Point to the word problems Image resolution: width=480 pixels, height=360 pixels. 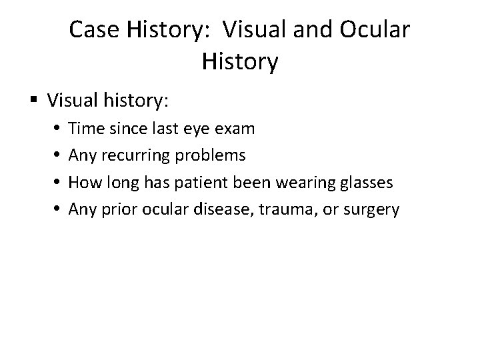click(x=213, y=155)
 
